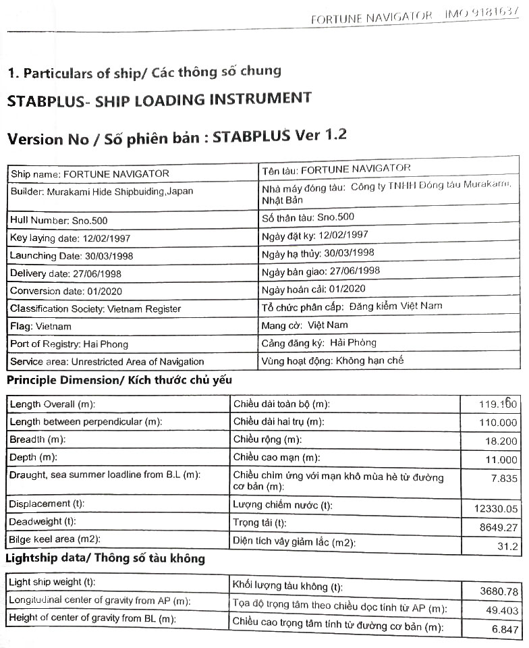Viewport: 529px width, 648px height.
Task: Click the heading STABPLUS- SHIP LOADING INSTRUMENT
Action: pos(159,100)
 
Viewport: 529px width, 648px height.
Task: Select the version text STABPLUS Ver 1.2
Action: pos(279,135)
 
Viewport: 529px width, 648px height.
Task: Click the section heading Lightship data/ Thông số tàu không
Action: pos(105,559)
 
